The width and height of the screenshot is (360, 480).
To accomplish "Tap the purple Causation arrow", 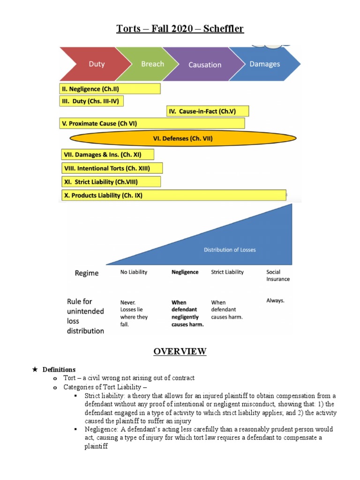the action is click(204, 65).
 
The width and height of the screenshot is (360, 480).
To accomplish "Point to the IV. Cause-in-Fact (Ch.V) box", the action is click(208, 112).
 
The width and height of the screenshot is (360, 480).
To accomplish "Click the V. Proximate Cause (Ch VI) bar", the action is click(152, 123).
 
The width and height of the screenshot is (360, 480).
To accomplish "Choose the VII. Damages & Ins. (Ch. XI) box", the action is click(107, 154).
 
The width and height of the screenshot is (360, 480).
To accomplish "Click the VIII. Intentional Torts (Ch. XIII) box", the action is click(112, 168).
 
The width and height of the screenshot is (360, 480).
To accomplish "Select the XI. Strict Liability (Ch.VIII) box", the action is click(111, 181).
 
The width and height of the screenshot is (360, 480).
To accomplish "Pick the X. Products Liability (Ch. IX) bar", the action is click(173, 195).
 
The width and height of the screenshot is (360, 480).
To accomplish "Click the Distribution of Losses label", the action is click(230, 250).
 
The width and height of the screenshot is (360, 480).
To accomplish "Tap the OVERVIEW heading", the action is click(180, 352).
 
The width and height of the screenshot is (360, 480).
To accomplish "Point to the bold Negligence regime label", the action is click(185, 272).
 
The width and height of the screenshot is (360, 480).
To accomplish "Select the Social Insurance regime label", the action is click(278, 275).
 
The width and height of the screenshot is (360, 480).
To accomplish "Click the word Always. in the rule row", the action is click(275, 300).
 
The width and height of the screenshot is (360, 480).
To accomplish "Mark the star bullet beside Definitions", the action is click(34, 369).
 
